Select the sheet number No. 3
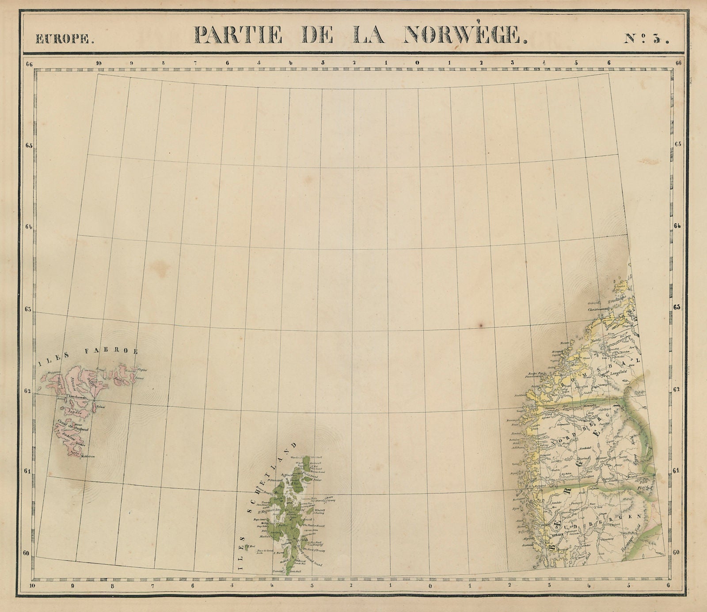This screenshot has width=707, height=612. point(646,38)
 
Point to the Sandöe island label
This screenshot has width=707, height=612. point(71,411)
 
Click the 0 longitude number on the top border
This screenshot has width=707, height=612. point(418,63)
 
